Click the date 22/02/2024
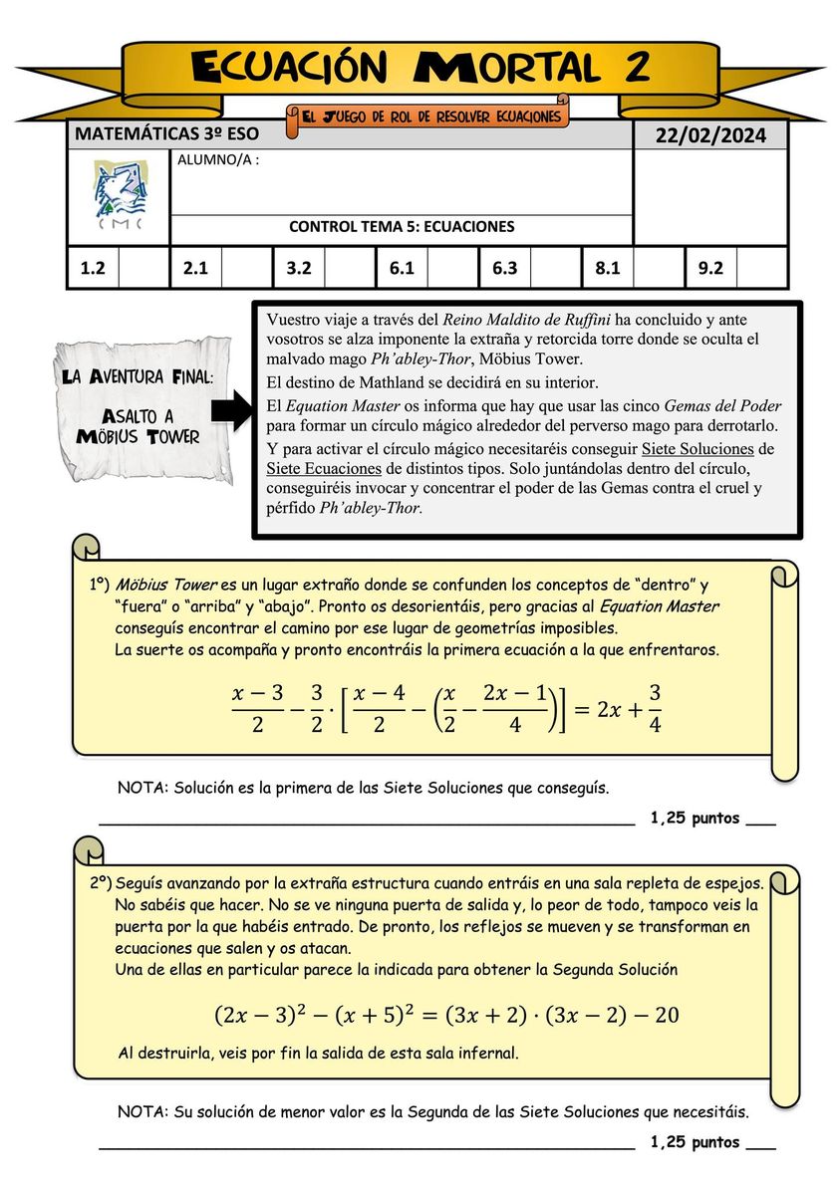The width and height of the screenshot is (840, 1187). click(710, 135)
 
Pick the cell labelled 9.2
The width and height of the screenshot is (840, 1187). click(710, 268)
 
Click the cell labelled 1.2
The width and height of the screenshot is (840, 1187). click(93, 268)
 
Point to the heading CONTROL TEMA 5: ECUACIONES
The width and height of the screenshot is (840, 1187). click(402, 227)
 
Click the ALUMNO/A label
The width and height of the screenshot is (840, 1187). click(217, 159)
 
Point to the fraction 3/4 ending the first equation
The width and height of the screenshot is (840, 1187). click(655, 708)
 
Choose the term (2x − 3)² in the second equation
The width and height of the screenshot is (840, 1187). click(263, 1015)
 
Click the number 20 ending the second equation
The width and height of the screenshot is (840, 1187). click(667, 1015)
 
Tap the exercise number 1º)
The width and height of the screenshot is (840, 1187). click(98, 585)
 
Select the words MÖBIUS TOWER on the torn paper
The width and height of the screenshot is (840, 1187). click(139, 436)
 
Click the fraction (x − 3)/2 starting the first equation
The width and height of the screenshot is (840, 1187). click(258, 708)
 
